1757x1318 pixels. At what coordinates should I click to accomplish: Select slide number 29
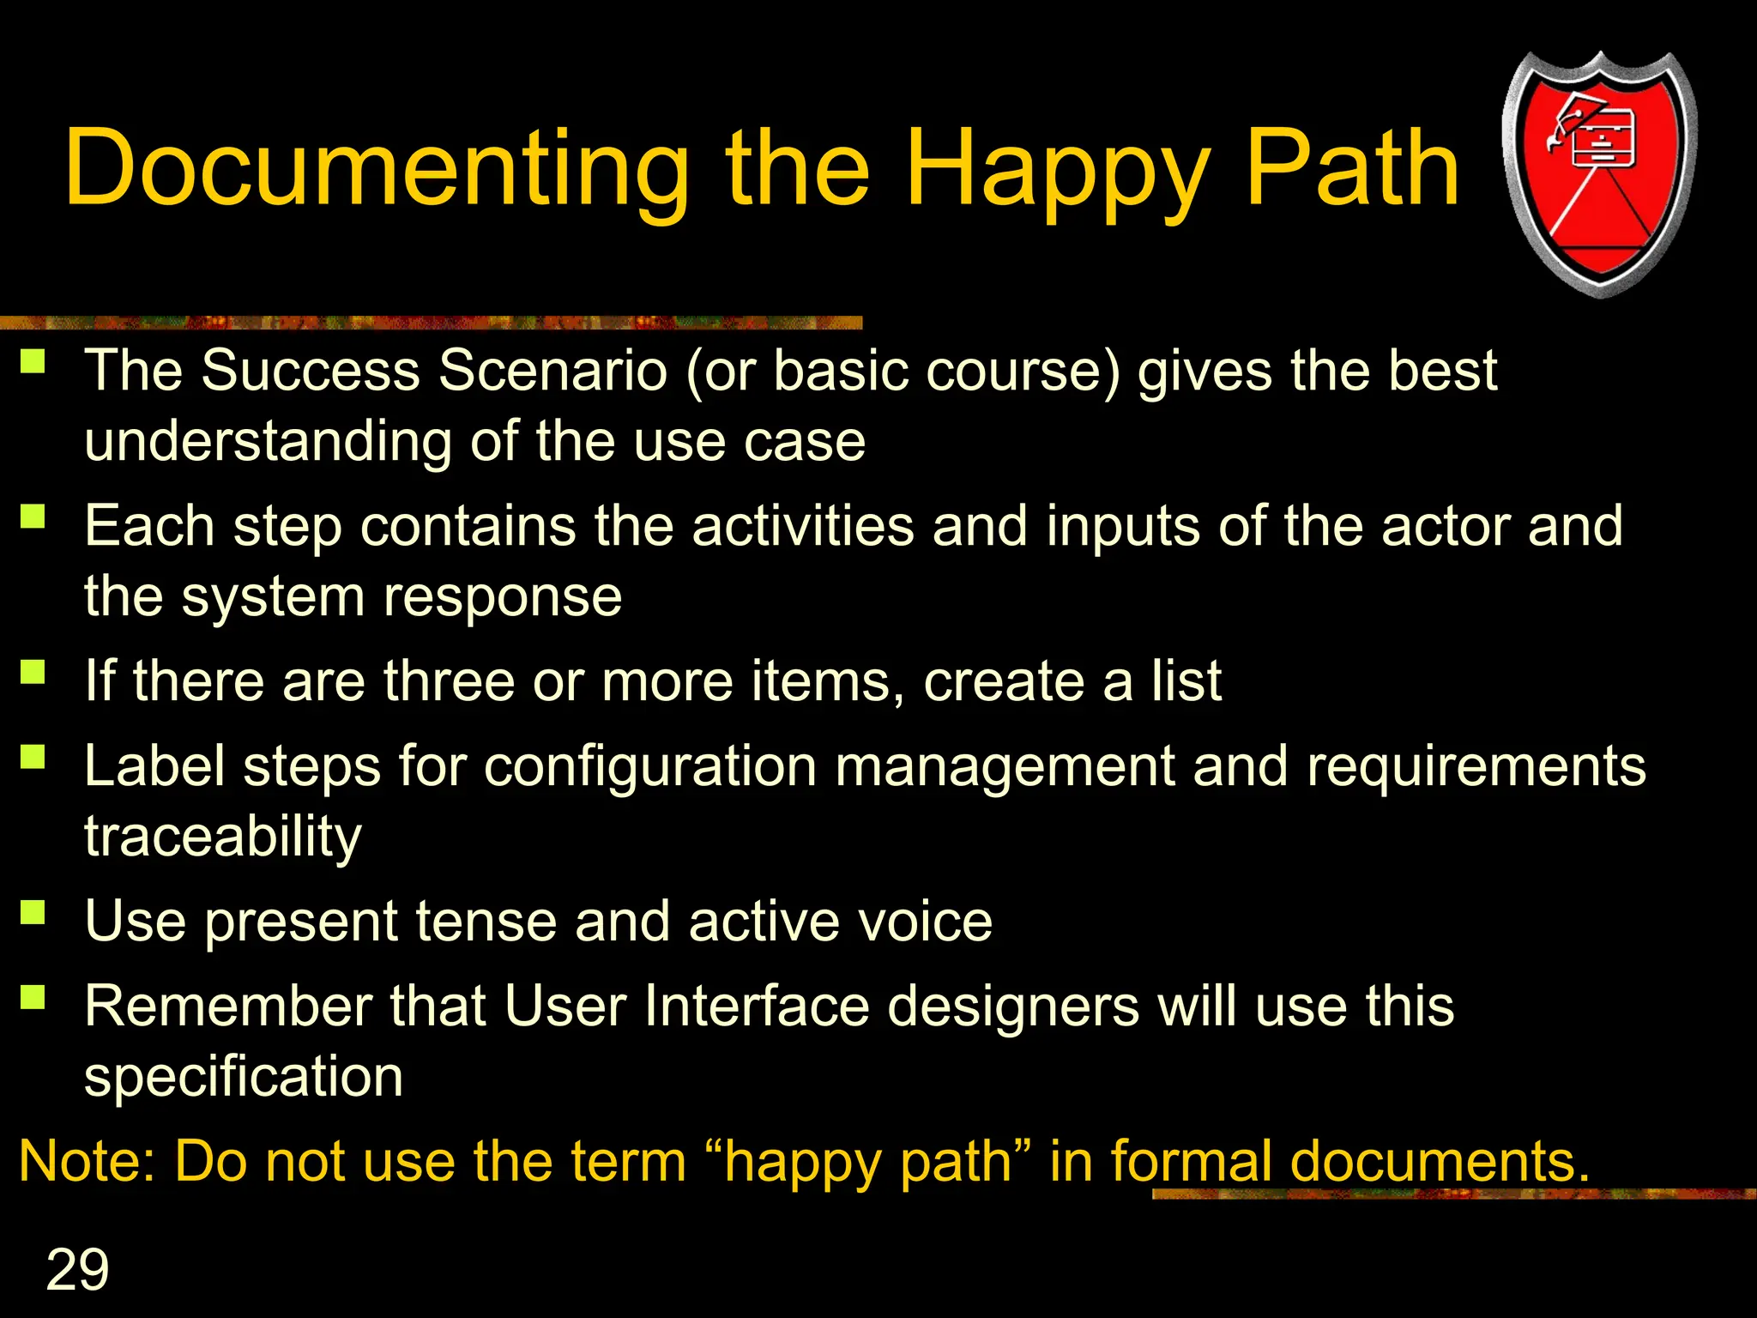point(77,1269)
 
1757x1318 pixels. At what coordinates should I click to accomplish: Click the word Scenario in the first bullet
point(552,371)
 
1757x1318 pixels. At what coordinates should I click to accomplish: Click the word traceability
point(222,837)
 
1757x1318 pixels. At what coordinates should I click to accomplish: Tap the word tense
point(486,921)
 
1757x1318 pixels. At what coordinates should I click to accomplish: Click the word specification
point(244,1077)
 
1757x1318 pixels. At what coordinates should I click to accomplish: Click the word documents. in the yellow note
point(1440,1161)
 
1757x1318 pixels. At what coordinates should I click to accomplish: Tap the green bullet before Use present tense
point(33,911)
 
